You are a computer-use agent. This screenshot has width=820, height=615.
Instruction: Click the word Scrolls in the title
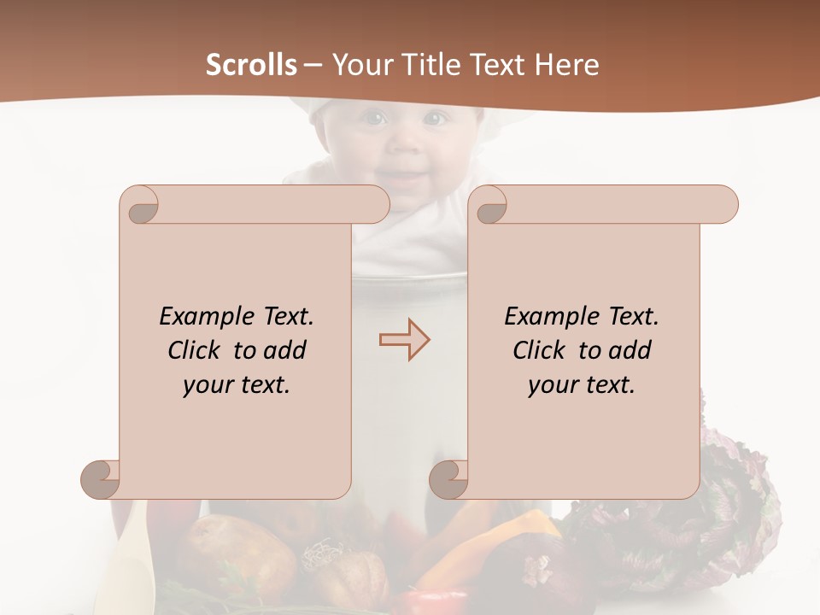point(251,65)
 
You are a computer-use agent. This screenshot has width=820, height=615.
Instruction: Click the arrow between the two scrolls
point(405,339)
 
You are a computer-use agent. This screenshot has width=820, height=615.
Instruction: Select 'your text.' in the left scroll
point(237,384)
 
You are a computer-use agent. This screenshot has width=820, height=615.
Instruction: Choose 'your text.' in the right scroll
point(582,384)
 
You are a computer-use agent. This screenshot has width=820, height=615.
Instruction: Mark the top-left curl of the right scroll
point(490,205)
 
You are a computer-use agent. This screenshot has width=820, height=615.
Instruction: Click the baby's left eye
point(434,119)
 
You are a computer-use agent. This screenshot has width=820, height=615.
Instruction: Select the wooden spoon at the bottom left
point(128,564)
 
